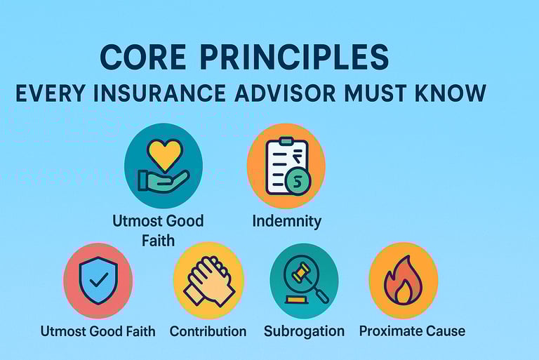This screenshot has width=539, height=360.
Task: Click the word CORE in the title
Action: pos(143,57)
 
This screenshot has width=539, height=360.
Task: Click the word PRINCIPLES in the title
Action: pos(294,57)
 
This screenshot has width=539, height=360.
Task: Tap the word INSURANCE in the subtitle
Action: pos(159,93)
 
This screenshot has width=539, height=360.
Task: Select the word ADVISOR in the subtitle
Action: pos(285,93)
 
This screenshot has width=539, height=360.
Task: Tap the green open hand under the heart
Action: pos(163,181)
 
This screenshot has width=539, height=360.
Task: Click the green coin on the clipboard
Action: pos(298,182)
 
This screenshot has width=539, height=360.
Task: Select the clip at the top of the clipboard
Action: pos(286,141)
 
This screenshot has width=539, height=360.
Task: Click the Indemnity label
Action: pos(286,221)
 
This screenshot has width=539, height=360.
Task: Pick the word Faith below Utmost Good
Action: pos(158,241)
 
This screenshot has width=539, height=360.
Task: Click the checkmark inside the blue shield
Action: pos(99,280)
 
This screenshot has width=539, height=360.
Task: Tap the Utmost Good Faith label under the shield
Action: pos(98,331)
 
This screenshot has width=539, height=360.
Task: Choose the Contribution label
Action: pos(208,331)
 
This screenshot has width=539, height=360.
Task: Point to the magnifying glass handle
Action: pos(321,295)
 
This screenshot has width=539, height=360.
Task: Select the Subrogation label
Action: pos(304,331)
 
